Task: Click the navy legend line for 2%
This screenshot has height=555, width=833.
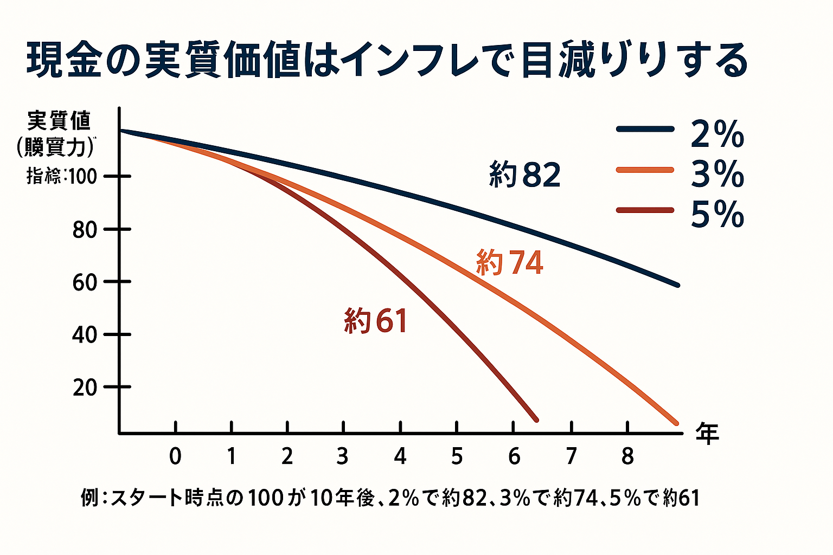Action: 645,130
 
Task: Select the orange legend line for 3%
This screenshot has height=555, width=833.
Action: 645,170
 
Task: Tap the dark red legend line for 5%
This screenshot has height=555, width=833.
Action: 645,210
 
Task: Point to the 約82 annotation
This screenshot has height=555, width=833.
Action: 524,175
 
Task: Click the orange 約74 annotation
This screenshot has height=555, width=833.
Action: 509,262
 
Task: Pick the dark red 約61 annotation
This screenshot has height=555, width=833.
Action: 375,320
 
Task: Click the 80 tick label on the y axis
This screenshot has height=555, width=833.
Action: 84,230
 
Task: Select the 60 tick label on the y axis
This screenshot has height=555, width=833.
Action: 84,282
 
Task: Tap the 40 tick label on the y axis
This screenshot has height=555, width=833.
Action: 84,334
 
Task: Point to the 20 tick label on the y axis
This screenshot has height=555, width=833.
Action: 84,387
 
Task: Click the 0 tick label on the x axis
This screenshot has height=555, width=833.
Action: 175,456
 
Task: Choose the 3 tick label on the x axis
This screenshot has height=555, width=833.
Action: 342,456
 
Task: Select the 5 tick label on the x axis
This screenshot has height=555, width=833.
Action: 457,456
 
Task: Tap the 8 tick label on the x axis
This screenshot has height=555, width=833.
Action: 627,456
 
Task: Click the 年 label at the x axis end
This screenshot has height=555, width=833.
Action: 707,434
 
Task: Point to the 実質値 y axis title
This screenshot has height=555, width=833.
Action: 59,120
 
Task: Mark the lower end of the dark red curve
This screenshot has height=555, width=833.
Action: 536,420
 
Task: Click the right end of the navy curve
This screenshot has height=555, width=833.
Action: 677,285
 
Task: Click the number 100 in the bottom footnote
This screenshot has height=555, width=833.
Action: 265,498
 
